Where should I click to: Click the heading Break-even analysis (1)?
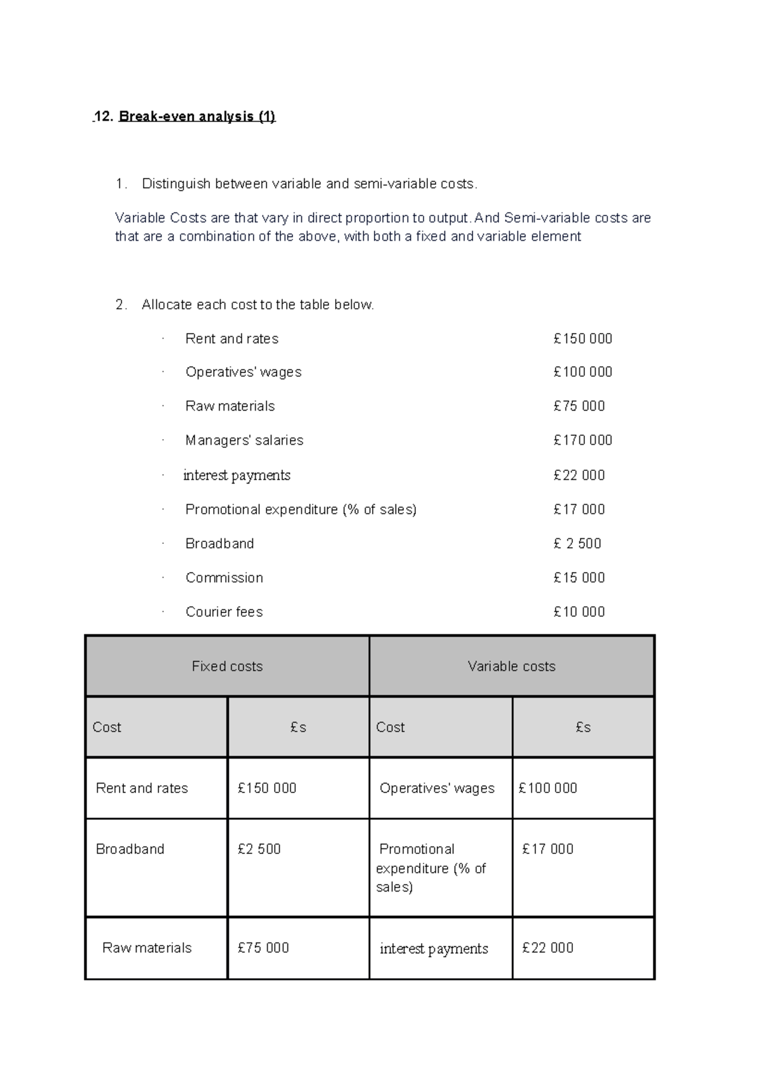point(196,116)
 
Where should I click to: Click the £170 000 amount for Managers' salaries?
point(582,440)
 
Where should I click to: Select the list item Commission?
point(224,578)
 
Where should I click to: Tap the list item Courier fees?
point(224,612)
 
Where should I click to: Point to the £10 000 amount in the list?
point(579,612)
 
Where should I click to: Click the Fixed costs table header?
point(227,666)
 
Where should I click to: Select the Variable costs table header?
point(511,666)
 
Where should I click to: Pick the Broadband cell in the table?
point(130,849)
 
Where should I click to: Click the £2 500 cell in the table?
point(259,849)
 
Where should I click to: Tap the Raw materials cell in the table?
point(146,948)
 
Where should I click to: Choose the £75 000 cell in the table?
point(263,948)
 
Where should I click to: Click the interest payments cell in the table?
point(434,949)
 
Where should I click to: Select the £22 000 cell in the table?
point(547,948)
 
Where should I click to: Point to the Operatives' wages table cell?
point(437,788)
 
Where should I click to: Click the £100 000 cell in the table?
point(547,788)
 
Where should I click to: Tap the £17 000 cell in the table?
point(547,849)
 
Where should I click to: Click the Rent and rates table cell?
point(142,788)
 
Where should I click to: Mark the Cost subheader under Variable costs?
point(390,727)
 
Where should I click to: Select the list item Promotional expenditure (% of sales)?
point(301,510)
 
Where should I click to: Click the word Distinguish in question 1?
point(175,184)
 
